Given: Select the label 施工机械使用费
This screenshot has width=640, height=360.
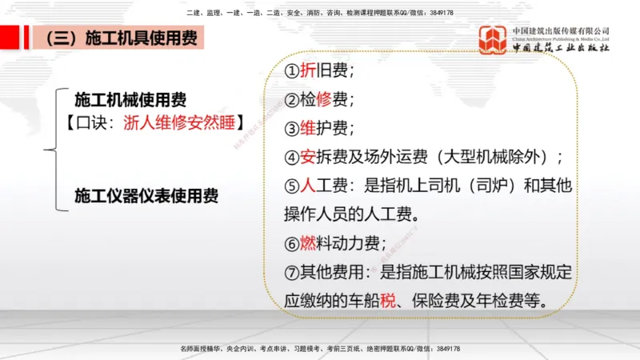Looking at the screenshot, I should pos(130,100).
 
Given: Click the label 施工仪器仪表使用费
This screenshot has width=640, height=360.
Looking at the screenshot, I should pos(146,194).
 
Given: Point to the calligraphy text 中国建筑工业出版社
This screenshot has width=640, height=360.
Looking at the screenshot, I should pos(561,47).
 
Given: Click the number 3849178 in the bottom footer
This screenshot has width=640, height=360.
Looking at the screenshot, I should pos(442,349).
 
